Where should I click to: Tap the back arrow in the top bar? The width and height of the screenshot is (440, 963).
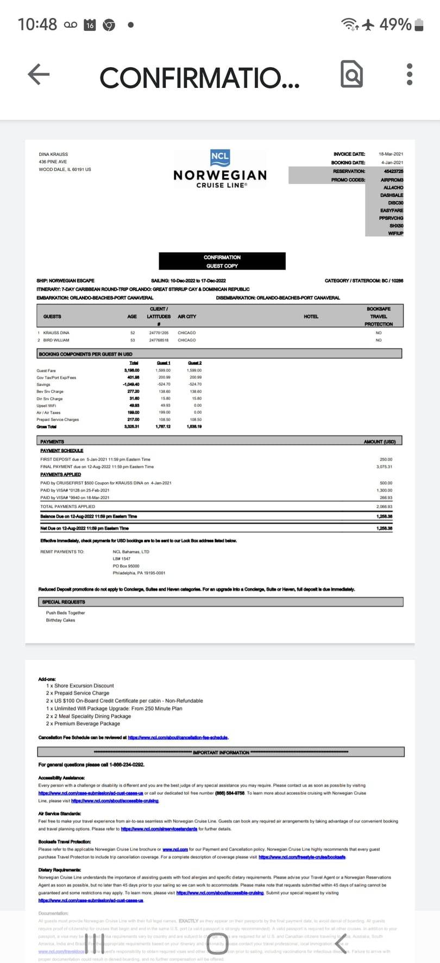click(x=39, y=74)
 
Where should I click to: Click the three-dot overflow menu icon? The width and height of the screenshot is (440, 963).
click(x=410, y=74)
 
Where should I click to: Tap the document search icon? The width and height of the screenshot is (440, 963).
click(x=351, y=74)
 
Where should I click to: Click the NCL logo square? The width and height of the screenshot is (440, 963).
click(x=220, y=157)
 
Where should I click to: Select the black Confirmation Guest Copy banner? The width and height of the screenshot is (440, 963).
click(x=222, y=261)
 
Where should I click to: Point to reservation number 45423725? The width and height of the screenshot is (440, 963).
click(x=393, y=171)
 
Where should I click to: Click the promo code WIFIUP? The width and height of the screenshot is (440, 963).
click(x=395, y=233)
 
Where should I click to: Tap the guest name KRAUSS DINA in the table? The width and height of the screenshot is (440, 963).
click(x=56, y=333)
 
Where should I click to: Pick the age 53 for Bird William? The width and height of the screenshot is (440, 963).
click(x=133, y=340)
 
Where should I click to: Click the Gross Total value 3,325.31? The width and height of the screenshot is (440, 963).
click(x=131, y=426)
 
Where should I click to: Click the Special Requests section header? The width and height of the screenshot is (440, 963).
click(x=64, y=602)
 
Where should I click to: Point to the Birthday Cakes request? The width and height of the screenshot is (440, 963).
click(x=60, y=620)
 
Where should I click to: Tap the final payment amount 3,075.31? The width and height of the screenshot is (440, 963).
click(x=384, y=467)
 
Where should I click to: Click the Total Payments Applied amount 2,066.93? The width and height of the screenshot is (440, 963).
click(x=384, y=506)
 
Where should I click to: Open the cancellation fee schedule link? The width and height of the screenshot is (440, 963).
click(x=178, y=737)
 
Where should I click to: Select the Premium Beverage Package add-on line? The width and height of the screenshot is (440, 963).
click(x=83, y=723)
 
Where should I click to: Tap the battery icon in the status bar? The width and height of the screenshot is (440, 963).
click(x=419, y=25)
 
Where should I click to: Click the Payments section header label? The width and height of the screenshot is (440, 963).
click(x=52, y=442)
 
